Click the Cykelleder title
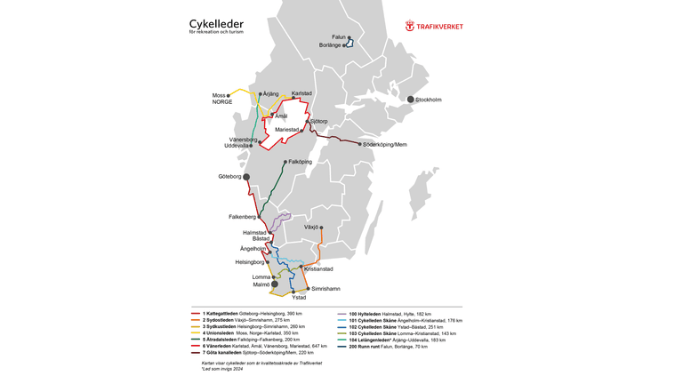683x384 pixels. [x=216, y=23]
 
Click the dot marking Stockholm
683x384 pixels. [x=411, y=100]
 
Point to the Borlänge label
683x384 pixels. [x=331, y=45]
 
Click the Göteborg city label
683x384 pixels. [x=229, y=177]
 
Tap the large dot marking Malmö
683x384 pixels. [x=275, y=284]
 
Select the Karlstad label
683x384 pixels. [x=302, y=93]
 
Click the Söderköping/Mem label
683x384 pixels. [x=387, y=144]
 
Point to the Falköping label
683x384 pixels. [x=301, y=162]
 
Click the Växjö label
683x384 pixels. [x=311, y=228]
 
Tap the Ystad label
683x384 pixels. [x=299, y=298]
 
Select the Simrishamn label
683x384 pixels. [x=325, y=289]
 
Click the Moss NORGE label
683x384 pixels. [x=222, y=98]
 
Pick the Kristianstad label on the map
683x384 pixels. [x=318, y=268]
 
